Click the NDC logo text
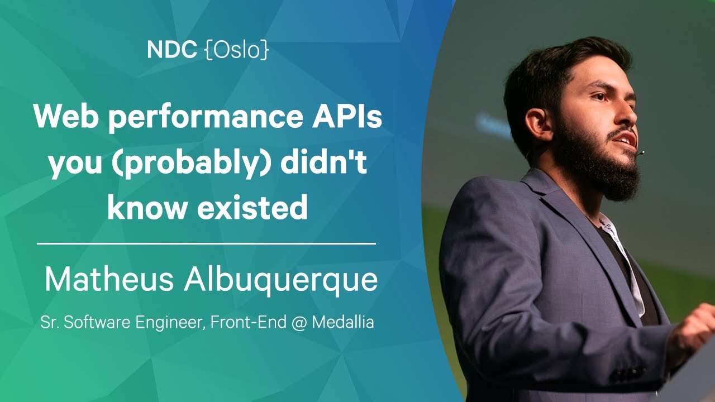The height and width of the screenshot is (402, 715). (171, 50)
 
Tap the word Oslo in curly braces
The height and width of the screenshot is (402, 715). (236, 50)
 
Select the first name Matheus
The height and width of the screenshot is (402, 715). (109, 279)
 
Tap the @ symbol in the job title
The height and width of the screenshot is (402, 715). (299, 322)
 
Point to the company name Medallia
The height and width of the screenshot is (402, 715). (342, 322)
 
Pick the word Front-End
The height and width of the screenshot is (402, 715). (248, 322)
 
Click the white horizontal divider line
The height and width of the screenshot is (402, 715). (206, 244)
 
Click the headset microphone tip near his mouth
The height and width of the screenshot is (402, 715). (641, 153)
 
